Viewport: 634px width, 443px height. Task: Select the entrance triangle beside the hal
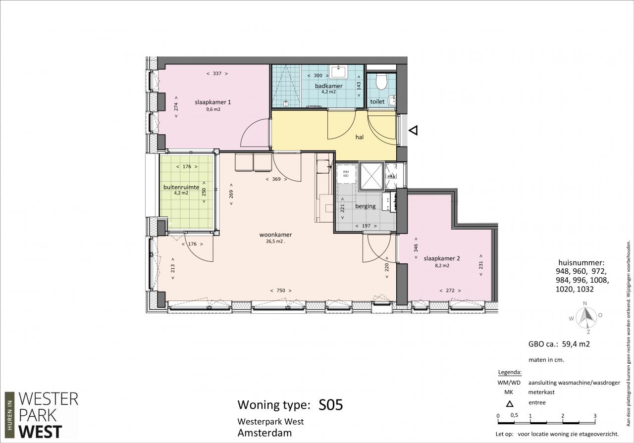[413, 130]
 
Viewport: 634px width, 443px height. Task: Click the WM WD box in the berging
[346, 174]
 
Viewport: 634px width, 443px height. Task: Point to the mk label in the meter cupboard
[391, 177]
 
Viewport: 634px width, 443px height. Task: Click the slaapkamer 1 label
[213, 102]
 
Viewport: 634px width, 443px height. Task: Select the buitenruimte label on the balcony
[181, 187]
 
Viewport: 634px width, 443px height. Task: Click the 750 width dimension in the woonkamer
[281, 291]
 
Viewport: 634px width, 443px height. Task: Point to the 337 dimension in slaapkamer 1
[217, 74]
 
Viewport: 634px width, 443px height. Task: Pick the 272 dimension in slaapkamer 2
[450, 291]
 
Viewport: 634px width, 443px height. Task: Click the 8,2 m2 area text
[442, 266]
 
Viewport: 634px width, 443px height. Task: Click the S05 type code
[330, 405]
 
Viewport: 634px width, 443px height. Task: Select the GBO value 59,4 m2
[576, 344]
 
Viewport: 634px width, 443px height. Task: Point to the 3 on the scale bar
[595, 416]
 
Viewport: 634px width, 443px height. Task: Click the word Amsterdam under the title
[264, 433]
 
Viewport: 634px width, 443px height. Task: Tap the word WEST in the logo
[40, 432]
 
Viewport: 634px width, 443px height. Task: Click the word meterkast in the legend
[541, 392]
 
